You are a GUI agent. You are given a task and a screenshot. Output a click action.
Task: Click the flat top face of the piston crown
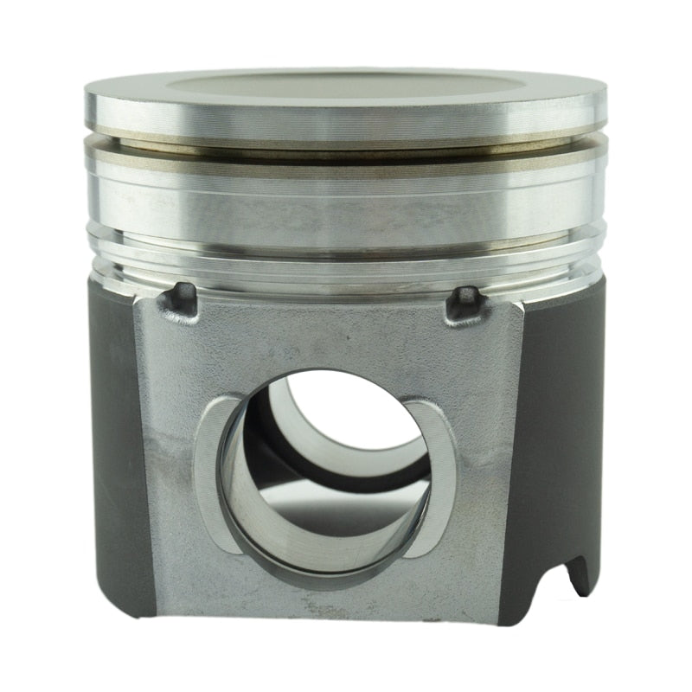[346, 84]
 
